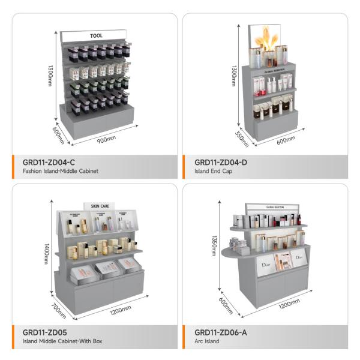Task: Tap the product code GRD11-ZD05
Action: [x=44, y=332]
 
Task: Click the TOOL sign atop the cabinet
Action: [x=96, y=36]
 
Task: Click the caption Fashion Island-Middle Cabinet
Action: [x=60, y=172]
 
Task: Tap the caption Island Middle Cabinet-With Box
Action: [x=62, y=341]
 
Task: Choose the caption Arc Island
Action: [x=207, y=341]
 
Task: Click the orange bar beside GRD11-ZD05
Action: [x=14, y=336]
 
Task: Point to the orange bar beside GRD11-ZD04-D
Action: [x=185, y=166]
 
